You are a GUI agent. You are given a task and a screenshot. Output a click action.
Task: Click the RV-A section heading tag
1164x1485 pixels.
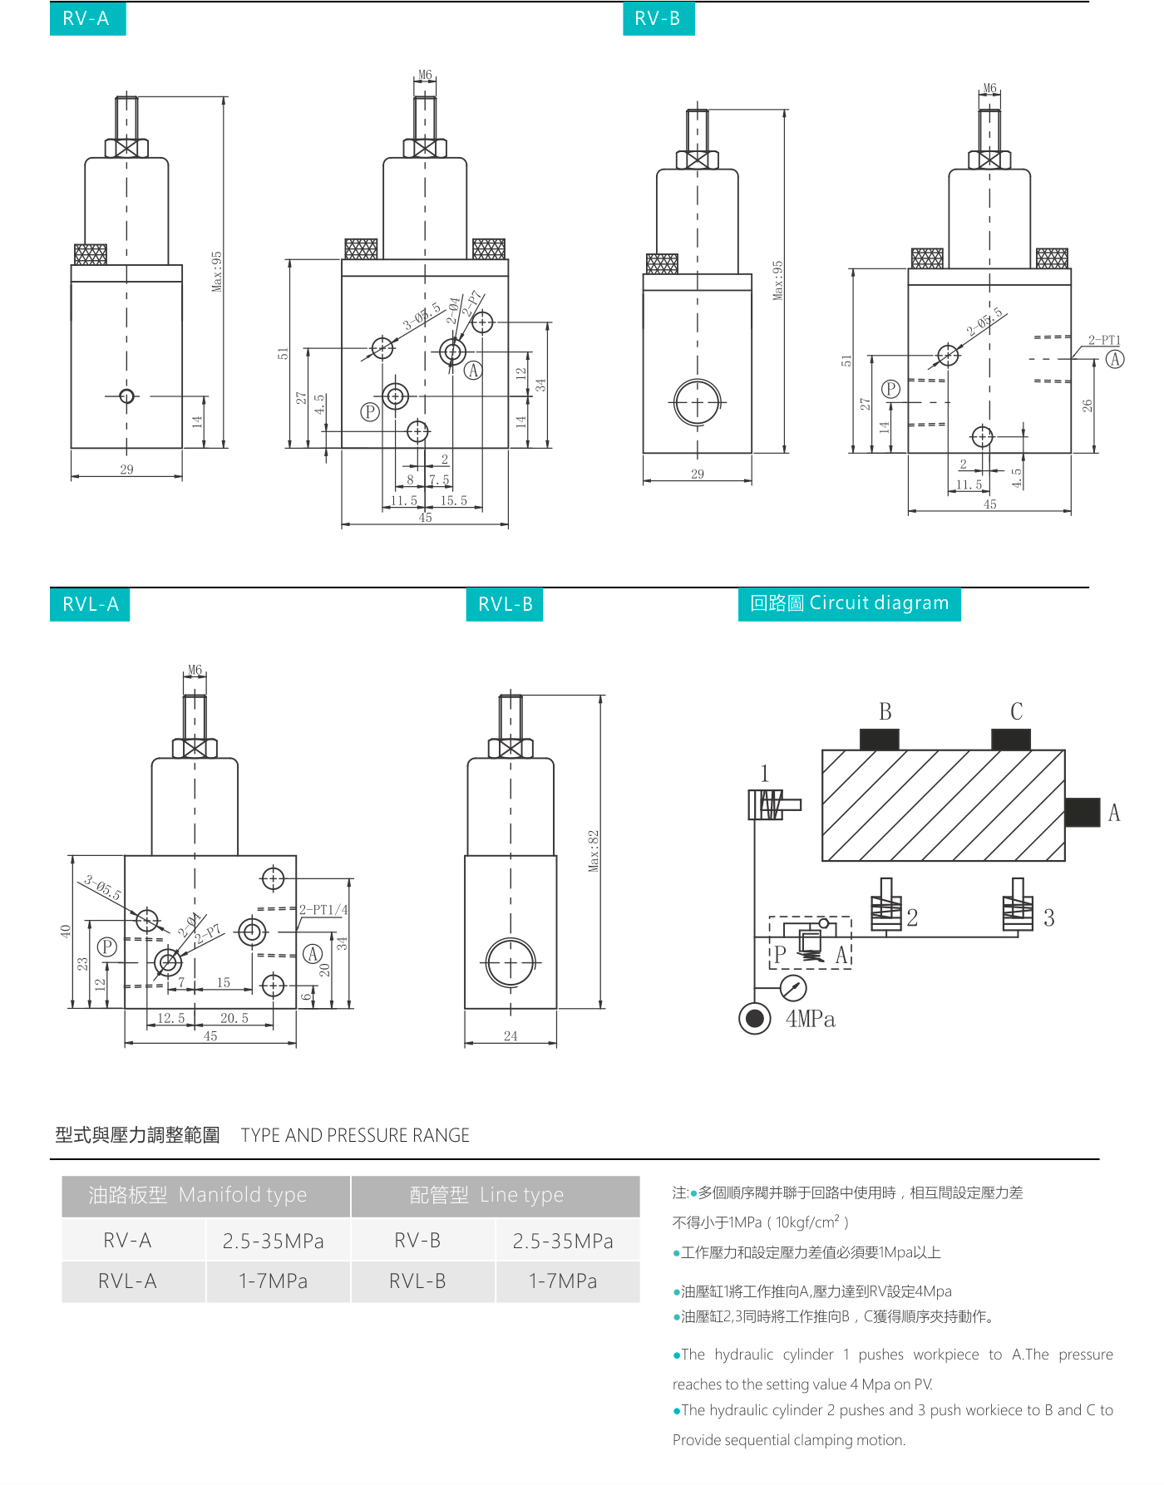pos(87,18)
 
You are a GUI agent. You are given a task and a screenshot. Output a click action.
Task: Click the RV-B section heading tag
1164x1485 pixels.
pos(658,18)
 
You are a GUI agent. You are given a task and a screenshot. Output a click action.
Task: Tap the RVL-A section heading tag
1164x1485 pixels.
pos(90,604)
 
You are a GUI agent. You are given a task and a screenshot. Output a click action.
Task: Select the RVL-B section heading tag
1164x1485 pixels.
pos(505,604)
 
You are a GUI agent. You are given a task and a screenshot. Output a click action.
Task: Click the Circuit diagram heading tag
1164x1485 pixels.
pos(849,603)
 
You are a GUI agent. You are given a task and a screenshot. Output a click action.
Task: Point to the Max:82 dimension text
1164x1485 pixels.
pos(594,850)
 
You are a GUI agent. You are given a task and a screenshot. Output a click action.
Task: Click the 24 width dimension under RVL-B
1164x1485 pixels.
pos(510,1036)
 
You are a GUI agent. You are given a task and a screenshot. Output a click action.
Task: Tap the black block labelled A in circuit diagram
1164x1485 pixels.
pos(1083,812)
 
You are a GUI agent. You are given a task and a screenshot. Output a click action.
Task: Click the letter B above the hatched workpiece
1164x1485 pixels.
pos(885,712)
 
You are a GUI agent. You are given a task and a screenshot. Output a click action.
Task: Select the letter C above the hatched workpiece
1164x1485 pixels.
pos(1016,712)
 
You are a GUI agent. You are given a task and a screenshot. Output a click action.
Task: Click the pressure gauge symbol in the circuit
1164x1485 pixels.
pos(793,988)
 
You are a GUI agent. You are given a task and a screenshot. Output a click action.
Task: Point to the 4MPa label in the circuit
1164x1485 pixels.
pos(810,1019)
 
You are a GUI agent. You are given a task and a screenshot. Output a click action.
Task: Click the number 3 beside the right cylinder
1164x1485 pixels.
pos(1048,917)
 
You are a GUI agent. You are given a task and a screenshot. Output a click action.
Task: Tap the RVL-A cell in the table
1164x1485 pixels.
pos(127,1281)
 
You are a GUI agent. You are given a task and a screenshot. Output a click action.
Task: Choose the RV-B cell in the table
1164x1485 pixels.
pos(417,1241)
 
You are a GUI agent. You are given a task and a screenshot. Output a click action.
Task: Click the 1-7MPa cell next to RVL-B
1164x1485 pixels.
pos(563,1281)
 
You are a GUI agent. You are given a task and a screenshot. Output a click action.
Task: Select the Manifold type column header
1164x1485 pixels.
pos(198,1195)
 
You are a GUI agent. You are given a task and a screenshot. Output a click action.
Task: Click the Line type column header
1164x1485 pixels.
pos(486,1195)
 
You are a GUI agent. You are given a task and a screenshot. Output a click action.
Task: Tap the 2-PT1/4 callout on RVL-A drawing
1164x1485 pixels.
pos(323,910)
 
